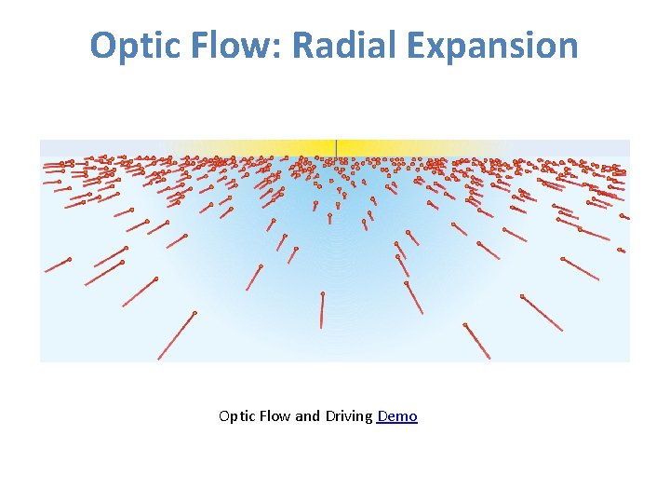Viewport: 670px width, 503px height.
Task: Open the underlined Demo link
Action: [x=397, y=416]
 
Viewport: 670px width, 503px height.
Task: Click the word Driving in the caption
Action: [x=349, y=416]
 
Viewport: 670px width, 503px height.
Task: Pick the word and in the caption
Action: [x=307, y=416]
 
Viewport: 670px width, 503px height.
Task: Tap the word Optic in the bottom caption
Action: [x=235, y=416]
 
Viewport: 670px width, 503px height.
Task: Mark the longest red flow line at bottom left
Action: [x=176, y=335]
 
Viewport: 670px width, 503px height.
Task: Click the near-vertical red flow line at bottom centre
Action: [x=322, y=310]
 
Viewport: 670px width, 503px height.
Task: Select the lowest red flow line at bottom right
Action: [x=477, y=342]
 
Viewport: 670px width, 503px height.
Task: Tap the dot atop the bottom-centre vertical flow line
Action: [x=323, y=294]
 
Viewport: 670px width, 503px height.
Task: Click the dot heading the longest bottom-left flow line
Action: [x=194, y=313]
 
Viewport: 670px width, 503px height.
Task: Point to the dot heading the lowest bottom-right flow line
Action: [x=465, y=325]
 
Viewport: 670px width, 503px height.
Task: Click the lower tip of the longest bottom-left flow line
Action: [x=158, y=359]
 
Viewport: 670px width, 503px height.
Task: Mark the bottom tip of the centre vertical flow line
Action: [x=321, y=327]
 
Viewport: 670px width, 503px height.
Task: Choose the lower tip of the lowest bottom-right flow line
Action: [x=489, y=359]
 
